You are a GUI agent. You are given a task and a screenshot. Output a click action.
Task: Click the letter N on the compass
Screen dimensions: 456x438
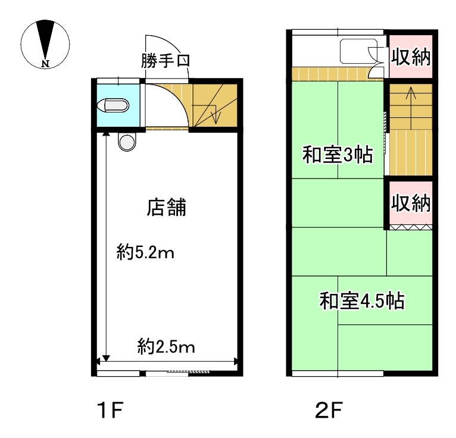(x=45, y=64)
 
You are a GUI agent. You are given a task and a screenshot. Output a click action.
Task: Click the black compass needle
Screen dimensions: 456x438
(x=45, y=39)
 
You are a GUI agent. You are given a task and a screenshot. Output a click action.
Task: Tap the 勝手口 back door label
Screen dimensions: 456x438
(x=165, y=61)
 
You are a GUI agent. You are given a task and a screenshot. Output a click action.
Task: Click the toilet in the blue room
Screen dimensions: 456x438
(x=113, y=105)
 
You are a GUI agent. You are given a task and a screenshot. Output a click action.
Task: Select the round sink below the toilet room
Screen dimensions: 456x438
(x=127, y=142)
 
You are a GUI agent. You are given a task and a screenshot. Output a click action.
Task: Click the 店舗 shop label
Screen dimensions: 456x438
(x=166, y=208)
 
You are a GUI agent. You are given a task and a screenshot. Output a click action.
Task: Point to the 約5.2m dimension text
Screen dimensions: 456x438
(x=145, y=252)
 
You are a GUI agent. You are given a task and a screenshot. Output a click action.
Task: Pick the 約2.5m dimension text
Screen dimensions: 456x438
(x=166, y=346)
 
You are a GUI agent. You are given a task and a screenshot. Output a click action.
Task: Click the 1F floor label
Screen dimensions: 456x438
(x=111, y=409)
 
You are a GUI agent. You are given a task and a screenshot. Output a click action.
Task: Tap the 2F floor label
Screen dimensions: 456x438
(x=329, y=409)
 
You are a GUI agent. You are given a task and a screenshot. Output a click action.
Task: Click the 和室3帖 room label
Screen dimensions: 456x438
(x=338, y=155)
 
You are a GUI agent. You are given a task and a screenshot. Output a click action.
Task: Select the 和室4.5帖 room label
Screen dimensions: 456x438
(x=362, y=301)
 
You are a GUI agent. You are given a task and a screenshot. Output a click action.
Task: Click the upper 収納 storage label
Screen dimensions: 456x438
(x=411, y=57)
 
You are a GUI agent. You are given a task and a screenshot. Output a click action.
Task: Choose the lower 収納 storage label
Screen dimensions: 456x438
(x=411, y=203)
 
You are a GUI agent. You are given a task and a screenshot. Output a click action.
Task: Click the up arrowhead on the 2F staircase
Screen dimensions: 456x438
(x=411, y=92)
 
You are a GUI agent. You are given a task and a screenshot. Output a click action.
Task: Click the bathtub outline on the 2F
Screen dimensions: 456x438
(x=359, y=51)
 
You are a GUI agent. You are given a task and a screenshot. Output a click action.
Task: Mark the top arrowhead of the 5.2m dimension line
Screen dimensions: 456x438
(x=106, y=134)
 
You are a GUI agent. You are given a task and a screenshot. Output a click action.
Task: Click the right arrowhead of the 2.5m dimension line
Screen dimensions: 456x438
(x=236, y=362)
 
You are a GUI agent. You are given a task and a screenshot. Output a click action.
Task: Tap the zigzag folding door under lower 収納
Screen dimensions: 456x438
(x=411, y=227)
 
